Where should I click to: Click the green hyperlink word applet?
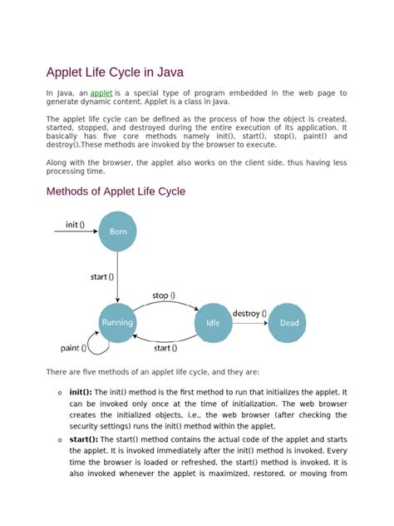(101, 93)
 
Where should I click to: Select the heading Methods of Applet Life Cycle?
(116, 191)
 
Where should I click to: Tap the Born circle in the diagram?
(118, 231)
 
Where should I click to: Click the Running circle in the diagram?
(117, 322)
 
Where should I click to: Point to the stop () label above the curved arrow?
(163, 295)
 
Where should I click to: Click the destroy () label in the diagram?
(249, 314)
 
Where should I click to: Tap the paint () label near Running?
(75, 347)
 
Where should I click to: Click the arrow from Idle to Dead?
(249, 323)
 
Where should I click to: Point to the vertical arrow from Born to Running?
(118, 276)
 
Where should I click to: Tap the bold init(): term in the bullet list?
(81, 391)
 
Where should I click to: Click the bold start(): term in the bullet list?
(83, 439)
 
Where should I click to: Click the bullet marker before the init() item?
(60, 392)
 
